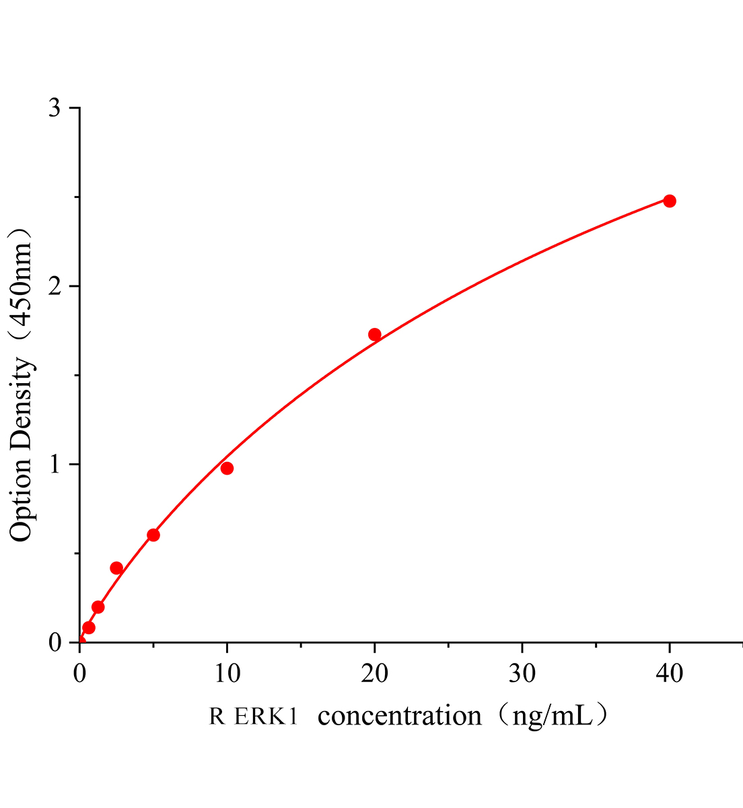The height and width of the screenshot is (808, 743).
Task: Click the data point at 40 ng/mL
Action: [x=669, y=201]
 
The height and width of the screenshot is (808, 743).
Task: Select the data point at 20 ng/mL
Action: [x=375, y=335]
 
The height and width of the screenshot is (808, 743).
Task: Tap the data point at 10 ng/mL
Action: [x=227, y=468]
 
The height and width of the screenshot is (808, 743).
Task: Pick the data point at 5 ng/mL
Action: [x=153, y=535]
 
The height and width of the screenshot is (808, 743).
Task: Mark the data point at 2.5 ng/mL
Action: [x=116, y=568]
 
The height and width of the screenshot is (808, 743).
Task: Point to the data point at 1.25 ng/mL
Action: [x=98, y=607]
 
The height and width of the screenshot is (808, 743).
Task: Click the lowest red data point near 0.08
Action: [x=89, y=628]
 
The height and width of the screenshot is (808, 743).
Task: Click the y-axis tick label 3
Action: [x=56, y=108]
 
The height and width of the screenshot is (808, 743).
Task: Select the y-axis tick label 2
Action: [x=56, y=287]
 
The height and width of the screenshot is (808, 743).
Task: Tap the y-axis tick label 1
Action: [x=56, y=465]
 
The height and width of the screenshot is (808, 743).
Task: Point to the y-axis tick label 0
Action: [x=56, y=643]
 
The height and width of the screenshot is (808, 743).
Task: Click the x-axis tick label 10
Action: [x=227, y=673]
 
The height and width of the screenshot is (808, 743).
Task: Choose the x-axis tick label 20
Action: [x=375, y=673]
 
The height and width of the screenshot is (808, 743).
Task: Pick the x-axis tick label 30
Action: [x=522, y=673]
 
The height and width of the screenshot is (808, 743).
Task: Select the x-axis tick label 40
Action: [x=670, y=673]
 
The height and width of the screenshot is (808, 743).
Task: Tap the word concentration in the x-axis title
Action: [x=400, y=716]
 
